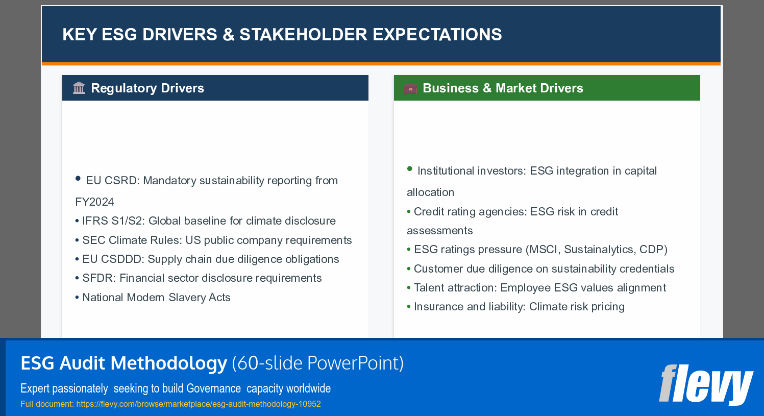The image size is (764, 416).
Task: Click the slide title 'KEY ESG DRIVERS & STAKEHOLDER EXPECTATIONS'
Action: [x=282, y=35]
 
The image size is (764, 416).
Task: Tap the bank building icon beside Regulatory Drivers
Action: [x=79, y=88]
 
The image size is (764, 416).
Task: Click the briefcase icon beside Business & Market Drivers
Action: [x=410, y=88]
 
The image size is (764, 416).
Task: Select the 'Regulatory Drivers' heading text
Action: [x=147, y=88]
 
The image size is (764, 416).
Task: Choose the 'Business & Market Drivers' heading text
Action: [x=503, y=88]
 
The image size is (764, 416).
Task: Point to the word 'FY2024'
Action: [x=94, y=202]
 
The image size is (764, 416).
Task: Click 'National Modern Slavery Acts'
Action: [x=156, y=298]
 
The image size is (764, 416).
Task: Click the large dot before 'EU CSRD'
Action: [x=78, y=178]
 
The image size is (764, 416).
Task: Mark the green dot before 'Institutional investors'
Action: [x=409, y=168]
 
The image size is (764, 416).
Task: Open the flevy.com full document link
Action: [x=198, y=404]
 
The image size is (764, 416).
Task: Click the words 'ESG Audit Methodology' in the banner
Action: [x=124, y=363]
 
